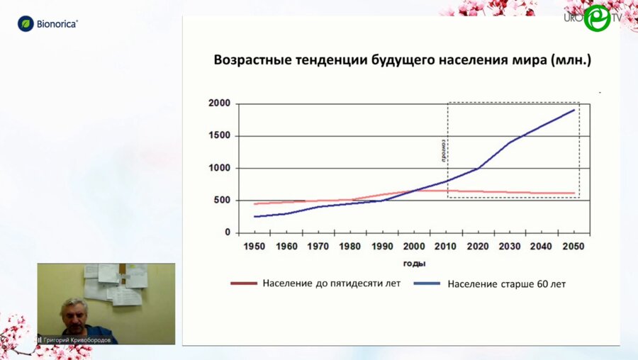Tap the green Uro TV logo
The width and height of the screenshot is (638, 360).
[x=597, y=18]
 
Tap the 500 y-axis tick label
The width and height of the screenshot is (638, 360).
[x=222, y=201]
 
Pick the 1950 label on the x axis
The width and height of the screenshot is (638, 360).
[x=254, y=246]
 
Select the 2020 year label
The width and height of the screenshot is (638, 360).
[x=478, y=246]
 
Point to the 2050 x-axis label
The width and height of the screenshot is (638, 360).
[x=573, y=246]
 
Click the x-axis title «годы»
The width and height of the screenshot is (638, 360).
[x=414, y=264]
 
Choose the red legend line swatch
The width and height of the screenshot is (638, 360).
[x=243, y=283]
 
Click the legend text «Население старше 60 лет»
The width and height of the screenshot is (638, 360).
[x=506, y=284]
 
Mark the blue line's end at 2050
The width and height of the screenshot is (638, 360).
[x=573, y=110]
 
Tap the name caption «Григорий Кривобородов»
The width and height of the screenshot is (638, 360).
[x=78, y=339]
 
